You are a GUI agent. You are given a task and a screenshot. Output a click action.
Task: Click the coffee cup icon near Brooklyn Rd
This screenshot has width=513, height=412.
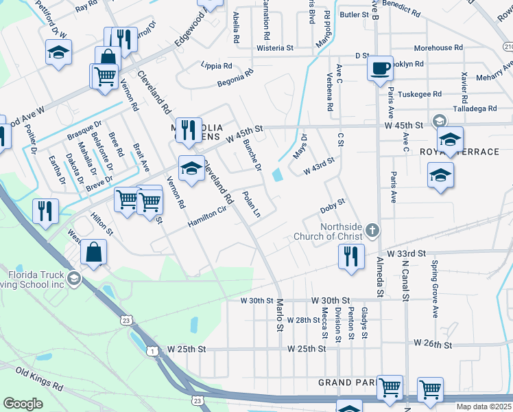(380, 68)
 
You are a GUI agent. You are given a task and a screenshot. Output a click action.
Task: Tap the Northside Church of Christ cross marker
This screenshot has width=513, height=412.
(372, 231)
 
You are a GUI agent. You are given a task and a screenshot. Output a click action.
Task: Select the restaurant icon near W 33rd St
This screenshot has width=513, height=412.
(350, 257)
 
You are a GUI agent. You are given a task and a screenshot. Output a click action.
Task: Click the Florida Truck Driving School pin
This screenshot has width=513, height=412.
(75, 279)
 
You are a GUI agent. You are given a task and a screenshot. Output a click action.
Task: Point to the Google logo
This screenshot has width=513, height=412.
(23, 404)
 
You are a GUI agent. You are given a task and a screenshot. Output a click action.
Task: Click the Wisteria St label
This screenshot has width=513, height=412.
(274, 49)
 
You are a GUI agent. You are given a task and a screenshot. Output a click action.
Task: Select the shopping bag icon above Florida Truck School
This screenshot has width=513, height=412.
(94, 252)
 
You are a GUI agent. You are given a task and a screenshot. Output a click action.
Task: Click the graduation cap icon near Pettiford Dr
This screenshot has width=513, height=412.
(59, 51)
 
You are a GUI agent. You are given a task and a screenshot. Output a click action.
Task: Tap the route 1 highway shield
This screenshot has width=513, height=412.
(150, 351)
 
